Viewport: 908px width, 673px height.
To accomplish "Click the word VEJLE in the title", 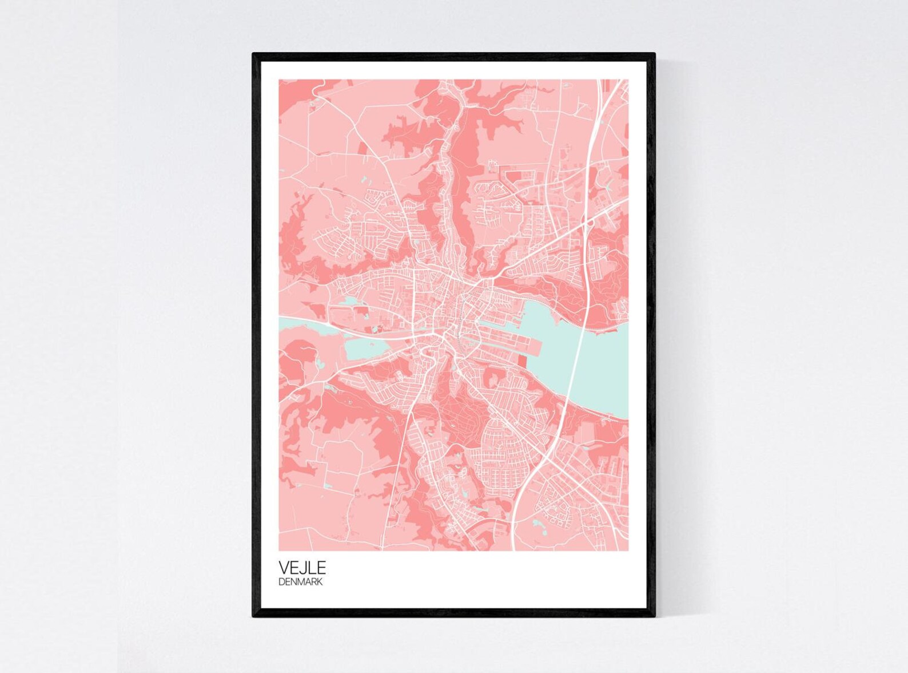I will (x=302, y=568).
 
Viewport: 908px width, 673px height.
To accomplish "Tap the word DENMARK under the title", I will (x=300, y=582).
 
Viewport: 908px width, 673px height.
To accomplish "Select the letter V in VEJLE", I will (x=284, y=568).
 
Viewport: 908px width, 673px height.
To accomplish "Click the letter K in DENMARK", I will (x=319, y=582).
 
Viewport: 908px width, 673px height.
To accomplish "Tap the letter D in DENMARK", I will (x=281, y=582).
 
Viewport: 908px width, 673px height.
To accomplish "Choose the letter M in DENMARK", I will (x=301, y=582).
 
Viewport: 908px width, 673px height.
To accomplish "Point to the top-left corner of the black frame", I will (x=254, y=54).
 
